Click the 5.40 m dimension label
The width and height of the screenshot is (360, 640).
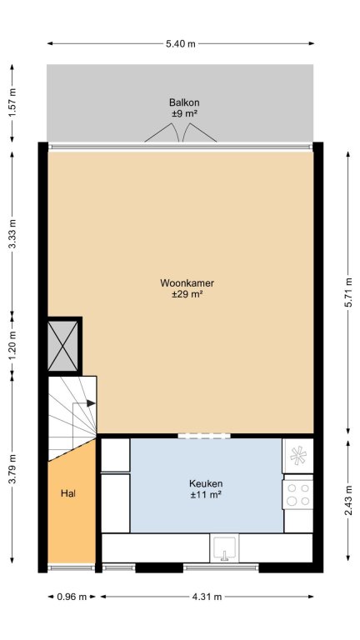(x=181, y=43)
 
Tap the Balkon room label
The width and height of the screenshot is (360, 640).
(x=184, y=102)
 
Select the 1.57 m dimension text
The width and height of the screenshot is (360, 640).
(x=12, y=102)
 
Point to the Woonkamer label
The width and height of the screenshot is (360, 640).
(x=187, y=282)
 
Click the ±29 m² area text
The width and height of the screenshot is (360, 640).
(x=187, y=294)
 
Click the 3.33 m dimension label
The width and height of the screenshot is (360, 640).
(x=12, y=233)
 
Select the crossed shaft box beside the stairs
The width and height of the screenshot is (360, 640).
(x=62, y=346)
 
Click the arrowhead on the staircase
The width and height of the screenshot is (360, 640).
(x=91, y=403)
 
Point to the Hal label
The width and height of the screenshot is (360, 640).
(x=68, y=493)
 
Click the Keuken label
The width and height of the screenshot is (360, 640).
(x=206, y=483)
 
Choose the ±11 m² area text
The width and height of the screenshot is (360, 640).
(x=206, y=495)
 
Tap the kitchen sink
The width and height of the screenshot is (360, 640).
(x=224, y=547)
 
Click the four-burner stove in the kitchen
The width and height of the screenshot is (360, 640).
(x=298, y=494)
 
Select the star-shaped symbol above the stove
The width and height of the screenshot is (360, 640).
(x=298, y=456)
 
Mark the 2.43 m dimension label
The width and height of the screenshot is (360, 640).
(x=348, y=500)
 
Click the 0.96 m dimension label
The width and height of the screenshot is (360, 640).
(x=72, y=597)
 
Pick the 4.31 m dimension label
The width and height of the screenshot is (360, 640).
(x=207, y=597)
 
